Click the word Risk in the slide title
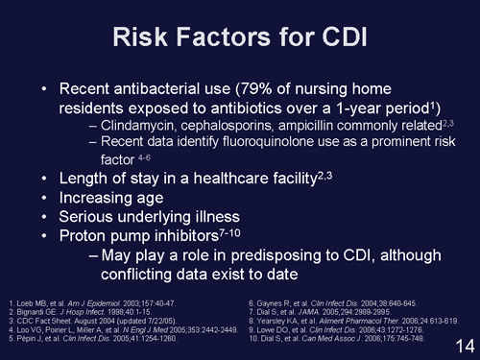[x=143, y=38]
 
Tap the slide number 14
[x=459, y=343]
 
